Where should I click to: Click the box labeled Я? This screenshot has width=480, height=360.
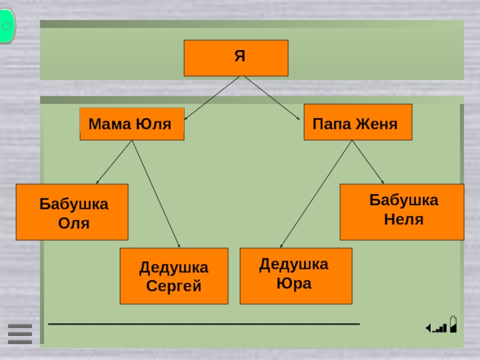(x=236, y=58)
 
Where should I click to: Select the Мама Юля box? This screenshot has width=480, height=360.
(x=131, y=124)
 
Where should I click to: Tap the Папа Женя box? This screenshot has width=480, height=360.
(x=358, y=122)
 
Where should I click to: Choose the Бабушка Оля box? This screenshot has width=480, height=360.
(x=72, y=212)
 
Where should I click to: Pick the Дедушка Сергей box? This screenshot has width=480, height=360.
(x=174, y=276)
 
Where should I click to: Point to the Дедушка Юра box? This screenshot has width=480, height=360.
(x=296, y=276)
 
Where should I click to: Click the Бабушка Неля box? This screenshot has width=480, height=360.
(x=402, y=212)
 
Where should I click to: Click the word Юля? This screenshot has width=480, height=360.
(x=154, y=125)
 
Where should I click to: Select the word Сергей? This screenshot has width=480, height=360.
(x=174, y=286)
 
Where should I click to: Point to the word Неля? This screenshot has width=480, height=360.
(x=404, y=220)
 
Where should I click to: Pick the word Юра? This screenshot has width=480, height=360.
(x=294, y=283)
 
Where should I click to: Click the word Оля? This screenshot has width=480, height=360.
(x=74, y=224)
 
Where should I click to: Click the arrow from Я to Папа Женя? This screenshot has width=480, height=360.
(x=271, y=98)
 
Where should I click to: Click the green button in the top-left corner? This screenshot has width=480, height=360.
(x=7, y=26)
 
